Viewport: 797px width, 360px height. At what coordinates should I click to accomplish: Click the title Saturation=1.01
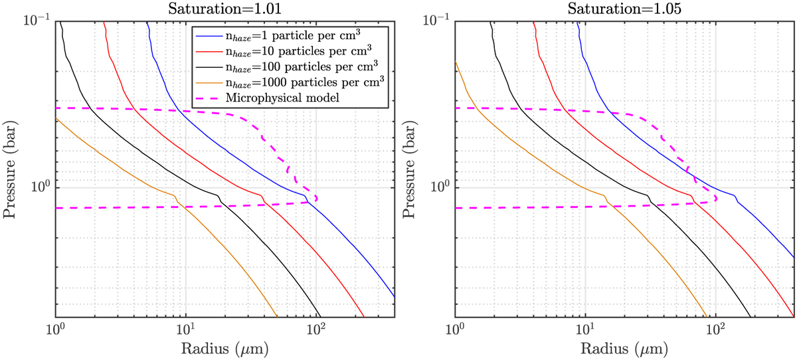coord(225,9)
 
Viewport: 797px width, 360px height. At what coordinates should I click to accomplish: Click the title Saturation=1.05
coord(624,9)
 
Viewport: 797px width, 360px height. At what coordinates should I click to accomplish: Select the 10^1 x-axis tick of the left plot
coord(187,328)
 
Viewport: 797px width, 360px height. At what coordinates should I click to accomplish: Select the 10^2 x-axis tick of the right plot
coord(717,328)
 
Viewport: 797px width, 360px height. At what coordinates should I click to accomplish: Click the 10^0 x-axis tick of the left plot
coord(56,328)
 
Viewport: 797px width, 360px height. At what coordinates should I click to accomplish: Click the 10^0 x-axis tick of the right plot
coord(456,328)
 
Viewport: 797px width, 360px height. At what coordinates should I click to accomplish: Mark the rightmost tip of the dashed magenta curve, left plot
coord(317,198)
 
